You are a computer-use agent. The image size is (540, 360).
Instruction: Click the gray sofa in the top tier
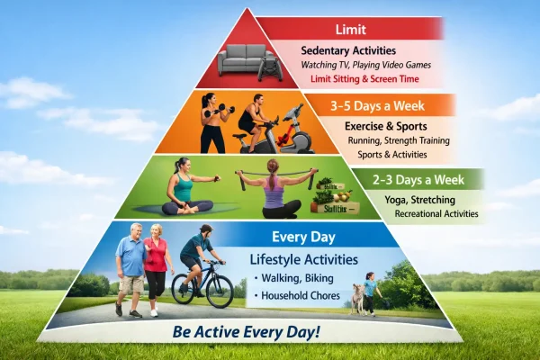click(245, 61)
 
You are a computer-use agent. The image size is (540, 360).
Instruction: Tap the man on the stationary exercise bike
click(255, 121)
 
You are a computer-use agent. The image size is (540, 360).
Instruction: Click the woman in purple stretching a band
click(274, 191)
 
